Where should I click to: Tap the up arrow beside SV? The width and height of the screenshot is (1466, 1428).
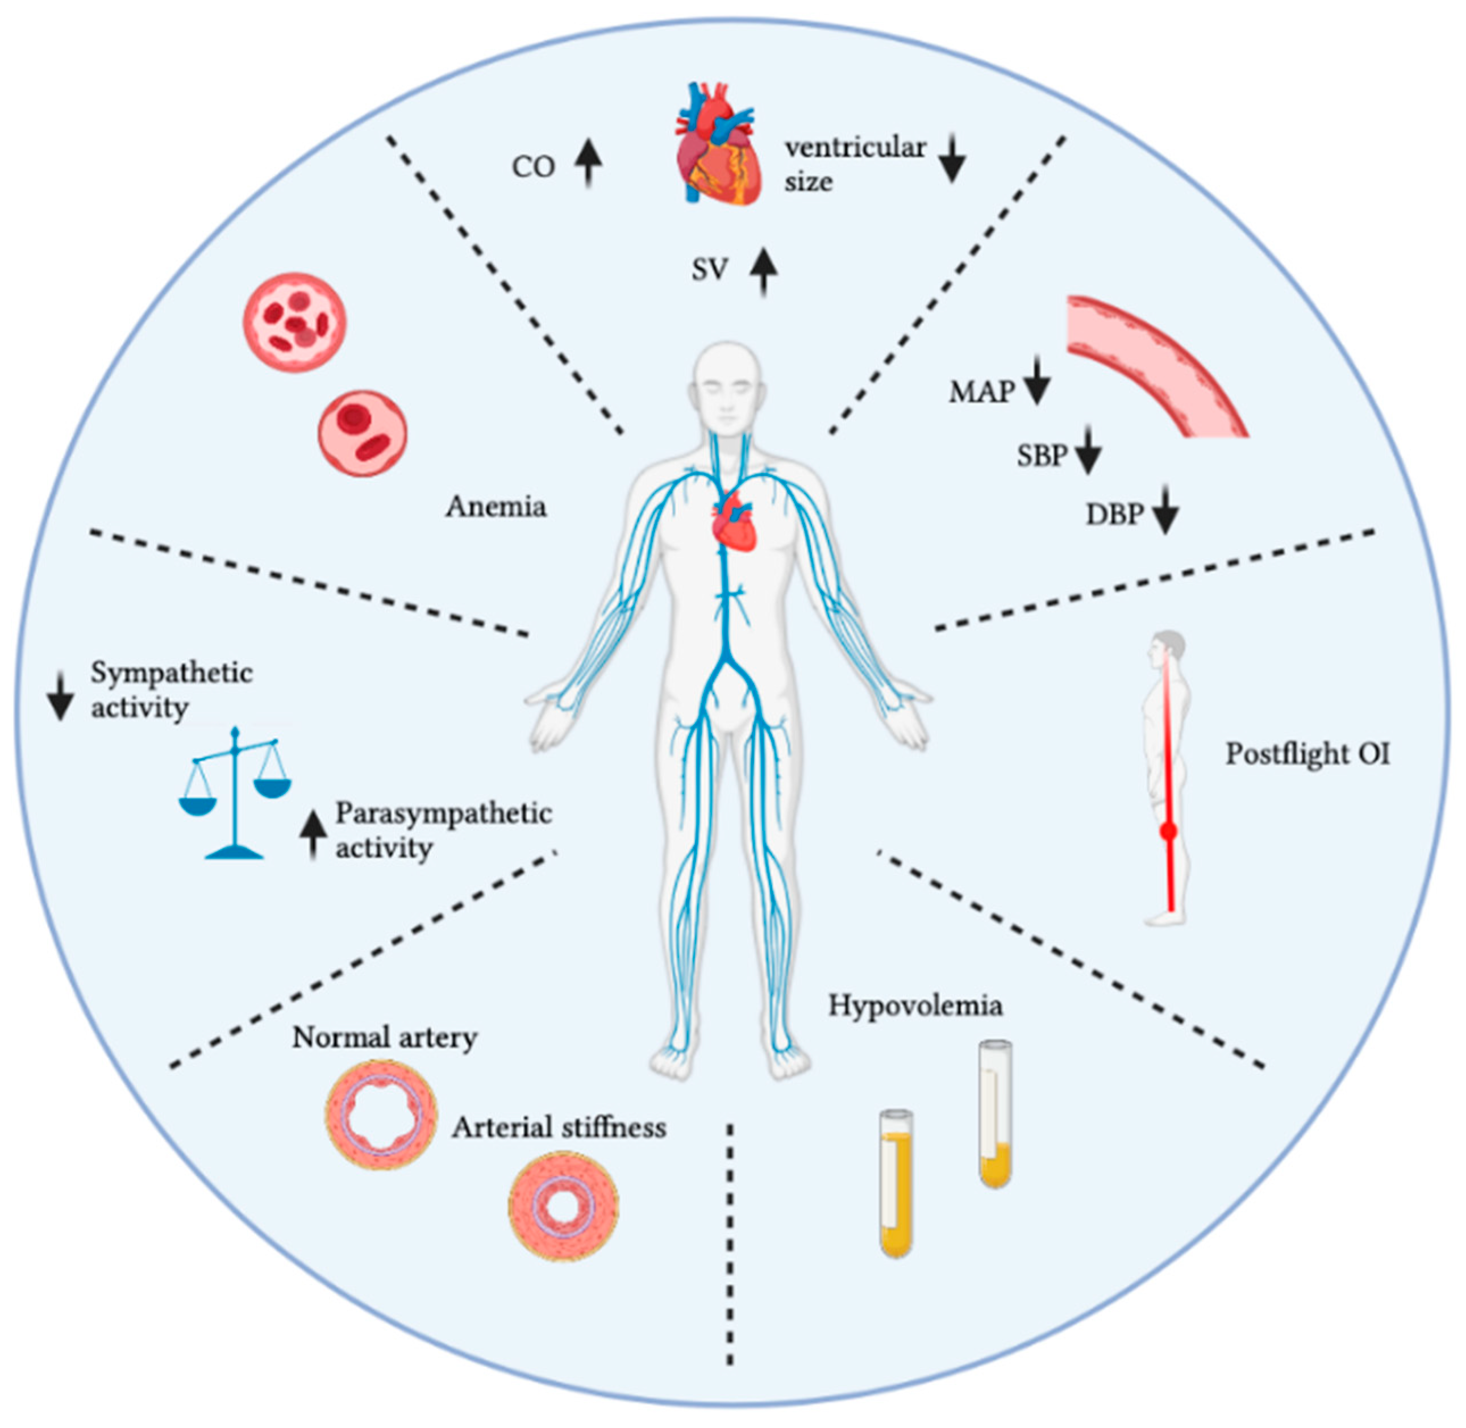point(764,272)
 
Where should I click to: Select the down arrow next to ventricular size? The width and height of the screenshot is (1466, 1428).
point(952,157)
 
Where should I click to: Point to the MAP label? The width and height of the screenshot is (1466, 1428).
point(981,391)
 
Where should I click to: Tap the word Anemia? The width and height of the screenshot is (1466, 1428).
point(496,507)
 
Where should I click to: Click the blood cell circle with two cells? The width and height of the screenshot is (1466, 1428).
point(363,433)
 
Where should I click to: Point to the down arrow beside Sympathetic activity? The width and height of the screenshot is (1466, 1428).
point(60,697)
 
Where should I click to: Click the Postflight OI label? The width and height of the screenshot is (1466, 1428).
point(1307,754)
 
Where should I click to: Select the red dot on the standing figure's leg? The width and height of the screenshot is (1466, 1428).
point(1167,831)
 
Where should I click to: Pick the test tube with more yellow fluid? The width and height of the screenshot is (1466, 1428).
point(896,1183)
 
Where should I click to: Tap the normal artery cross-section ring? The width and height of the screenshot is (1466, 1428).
point(382,1115)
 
